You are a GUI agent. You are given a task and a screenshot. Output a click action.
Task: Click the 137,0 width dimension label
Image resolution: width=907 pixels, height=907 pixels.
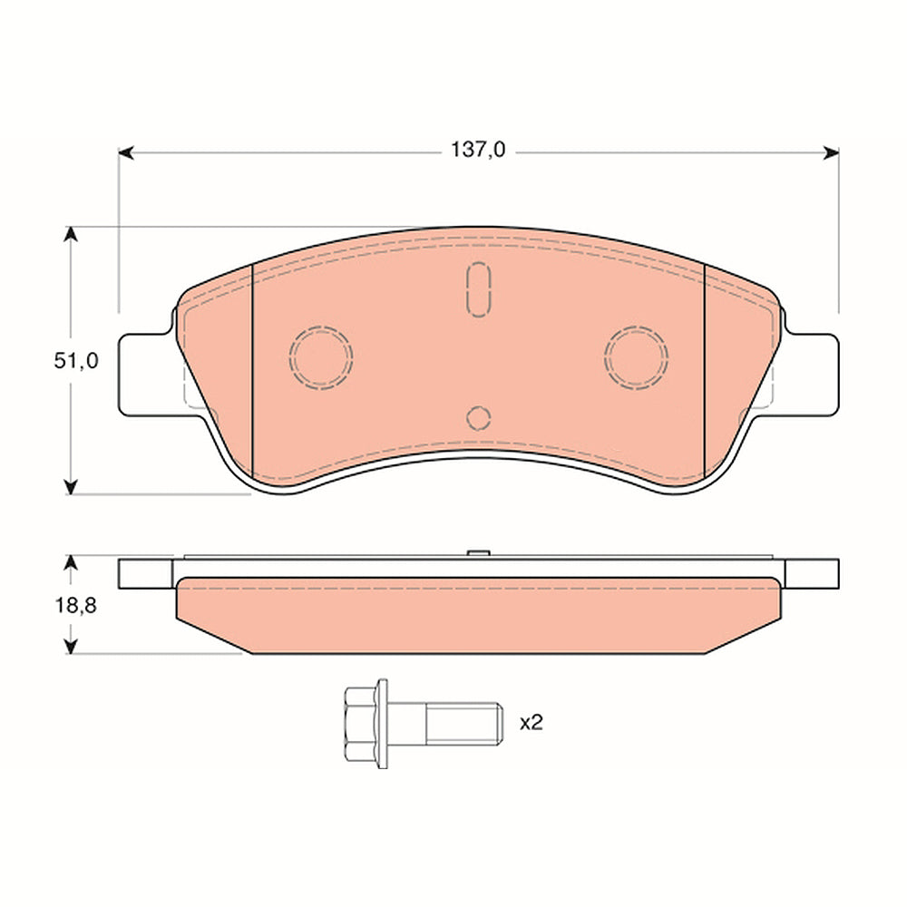(x=478, y=151)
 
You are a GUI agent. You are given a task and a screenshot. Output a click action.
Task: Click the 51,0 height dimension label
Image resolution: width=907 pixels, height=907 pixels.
(x=76, y=361)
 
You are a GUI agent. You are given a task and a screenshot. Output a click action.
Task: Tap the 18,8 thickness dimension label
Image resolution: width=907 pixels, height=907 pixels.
(x=76, y=606)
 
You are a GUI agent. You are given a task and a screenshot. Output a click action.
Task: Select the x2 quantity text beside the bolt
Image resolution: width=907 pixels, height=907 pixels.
(x=531, y=723)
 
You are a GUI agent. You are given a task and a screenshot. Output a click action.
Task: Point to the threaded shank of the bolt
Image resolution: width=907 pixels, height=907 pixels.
(x=463, y=723)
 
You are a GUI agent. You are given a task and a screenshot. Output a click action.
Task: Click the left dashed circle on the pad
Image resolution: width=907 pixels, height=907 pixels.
(x=320, y=356)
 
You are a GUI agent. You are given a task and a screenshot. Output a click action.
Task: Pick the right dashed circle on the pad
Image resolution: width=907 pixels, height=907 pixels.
(x=636, y=356)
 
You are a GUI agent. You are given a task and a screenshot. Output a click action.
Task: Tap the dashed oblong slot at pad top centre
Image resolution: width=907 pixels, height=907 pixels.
(x=478, y=289)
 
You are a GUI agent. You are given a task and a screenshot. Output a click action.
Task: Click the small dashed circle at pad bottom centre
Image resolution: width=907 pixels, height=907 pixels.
(x=478, y=417)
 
